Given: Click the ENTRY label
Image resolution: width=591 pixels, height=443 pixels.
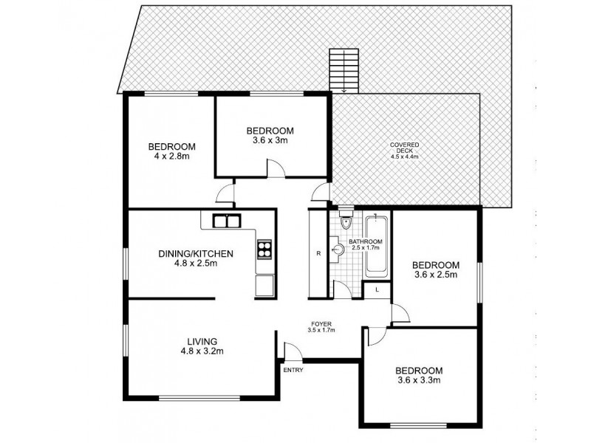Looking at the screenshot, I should pos(293,371).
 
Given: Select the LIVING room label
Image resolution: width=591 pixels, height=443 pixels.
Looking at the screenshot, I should pos(201,341).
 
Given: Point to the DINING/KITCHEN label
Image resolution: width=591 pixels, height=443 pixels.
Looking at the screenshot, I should pos(196,254).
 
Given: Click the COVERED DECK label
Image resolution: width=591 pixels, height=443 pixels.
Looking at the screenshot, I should pos(405,145).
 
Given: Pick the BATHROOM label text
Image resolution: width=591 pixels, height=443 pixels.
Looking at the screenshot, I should pos(366,242).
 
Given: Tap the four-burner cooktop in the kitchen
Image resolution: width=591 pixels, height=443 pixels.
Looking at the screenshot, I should pos(264,250).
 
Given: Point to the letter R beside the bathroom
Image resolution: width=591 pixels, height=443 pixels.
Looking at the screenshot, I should pos(318,254).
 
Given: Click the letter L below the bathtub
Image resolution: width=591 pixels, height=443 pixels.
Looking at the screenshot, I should pos(377,289).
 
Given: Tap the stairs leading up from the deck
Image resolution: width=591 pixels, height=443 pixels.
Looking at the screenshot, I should pos(344,70).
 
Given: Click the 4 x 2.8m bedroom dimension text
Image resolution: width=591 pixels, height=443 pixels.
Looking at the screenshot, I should pos(171,157).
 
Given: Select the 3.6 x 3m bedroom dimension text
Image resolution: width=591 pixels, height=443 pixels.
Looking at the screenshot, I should pos(270,141).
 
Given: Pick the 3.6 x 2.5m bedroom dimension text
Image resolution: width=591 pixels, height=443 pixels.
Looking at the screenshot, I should pos(435,275).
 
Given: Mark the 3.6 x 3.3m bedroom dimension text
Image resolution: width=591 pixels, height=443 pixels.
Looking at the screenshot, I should pos(418,381).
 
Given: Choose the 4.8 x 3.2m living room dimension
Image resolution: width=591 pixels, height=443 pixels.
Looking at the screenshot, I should pos(201,352).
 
